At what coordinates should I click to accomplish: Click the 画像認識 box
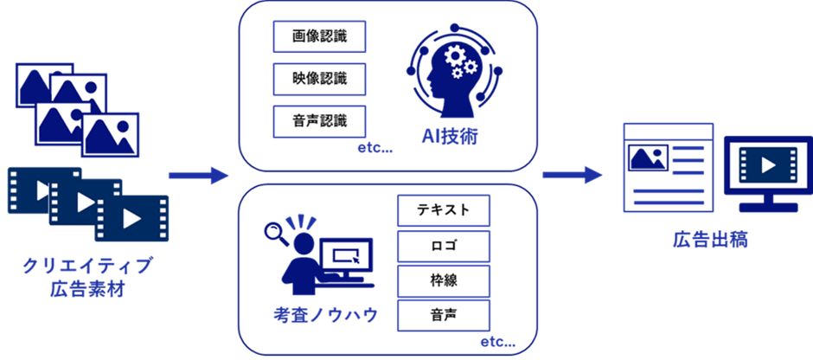pos(319,36)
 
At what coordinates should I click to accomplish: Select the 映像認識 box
pos(319,79)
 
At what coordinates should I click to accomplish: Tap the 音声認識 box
pos(319,121)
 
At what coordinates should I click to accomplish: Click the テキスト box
pos(443,210)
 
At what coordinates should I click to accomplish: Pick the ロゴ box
pos(443,245)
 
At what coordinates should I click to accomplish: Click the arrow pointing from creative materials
pos(198,177)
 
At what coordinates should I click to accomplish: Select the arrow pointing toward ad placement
pos(573,177)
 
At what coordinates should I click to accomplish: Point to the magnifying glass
pos(276,231)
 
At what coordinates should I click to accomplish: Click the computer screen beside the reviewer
pos(347,256)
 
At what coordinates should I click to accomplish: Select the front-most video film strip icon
pos(131,217)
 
